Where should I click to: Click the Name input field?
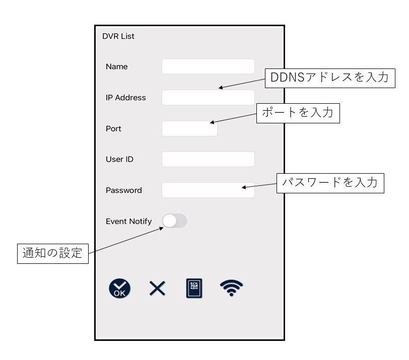coord(208,66)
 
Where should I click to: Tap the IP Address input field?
coord(208,98)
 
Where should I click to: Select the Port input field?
coord(189,128)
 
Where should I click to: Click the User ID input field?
coord(208,159)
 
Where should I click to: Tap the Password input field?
coord(208,190)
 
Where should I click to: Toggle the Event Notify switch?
coord(174,221)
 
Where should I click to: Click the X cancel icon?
coord(157,289)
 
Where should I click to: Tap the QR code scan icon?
coord(194,289)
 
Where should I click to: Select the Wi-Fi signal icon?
coord(231,288)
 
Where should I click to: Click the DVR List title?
coord(118,36)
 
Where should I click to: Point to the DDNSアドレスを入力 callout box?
coord(330,78)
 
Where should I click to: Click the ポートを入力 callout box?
coord(298,113)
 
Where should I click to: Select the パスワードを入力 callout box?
coord(330,183)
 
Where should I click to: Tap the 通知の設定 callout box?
coord(53,254)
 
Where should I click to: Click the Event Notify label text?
coord(128,222)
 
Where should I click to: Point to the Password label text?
coord(123,190)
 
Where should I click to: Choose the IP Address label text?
coord(126,98)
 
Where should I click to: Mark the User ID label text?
coord(119,159)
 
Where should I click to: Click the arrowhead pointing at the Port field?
coord(212,122)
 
